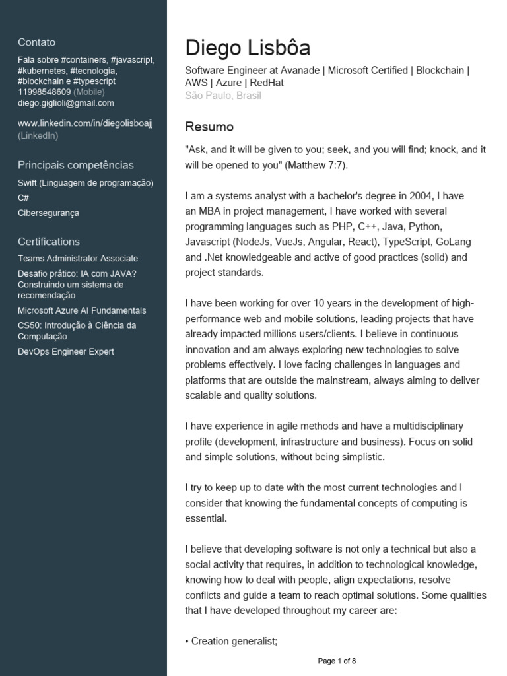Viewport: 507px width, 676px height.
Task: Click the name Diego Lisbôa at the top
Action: coord(248,48)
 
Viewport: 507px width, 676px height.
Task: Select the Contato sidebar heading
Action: coord(36,42)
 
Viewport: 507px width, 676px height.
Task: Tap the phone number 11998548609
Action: coord(44,92)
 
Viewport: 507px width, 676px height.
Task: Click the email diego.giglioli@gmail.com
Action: coord(66,103)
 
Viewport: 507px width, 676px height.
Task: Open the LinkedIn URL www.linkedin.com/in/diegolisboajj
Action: coord(85,124)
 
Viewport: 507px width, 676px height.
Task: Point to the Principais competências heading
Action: coord(75,165)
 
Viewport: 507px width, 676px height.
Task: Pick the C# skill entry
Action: coord(23,197)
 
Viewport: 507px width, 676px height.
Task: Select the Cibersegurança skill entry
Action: coord(48,213)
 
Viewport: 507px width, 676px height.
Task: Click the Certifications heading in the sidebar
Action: coord(49,242)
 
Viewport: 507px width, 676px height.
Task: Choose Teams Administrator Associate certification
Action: coord(78,259)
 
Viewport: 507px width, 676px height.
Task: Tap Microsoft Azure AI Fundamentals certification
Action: coord(82,310)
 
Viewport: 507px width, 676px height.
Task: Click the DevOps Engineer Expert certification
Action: coord(66,351)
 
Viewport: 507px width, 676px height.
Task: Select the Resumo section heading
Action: coord(209,127)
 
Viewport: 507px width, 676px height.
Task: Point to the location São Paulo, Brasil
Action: coord(223,96)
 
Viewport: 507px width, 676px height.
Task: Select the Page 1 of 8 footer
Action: coord(337,661)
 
